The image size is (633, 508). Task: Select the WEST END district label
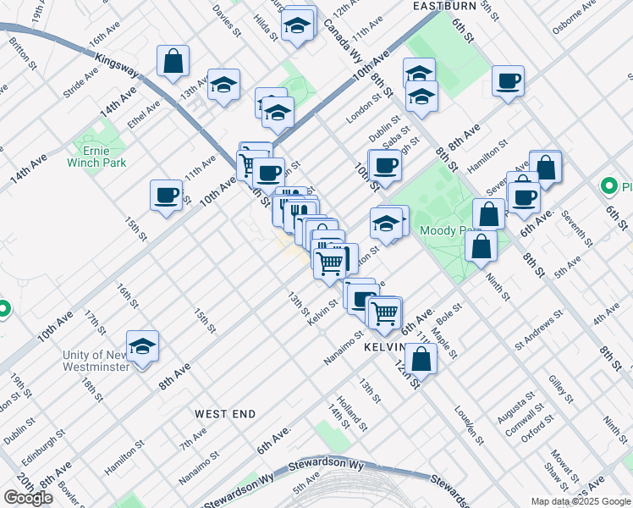[225, 413]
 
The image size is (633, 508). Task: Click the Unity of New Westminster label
[95, 361]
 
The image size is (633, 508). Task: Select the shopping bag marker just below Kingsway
[173, 62]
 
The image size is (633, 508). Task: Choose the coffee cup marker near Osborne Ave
[508, 82]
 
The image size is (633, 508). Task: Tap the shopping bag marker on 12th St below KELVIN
[421, 359]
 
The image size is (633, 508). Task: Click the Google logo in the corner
[28, 497]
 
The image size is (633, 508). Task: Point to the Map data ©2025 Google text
[580, 501]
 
